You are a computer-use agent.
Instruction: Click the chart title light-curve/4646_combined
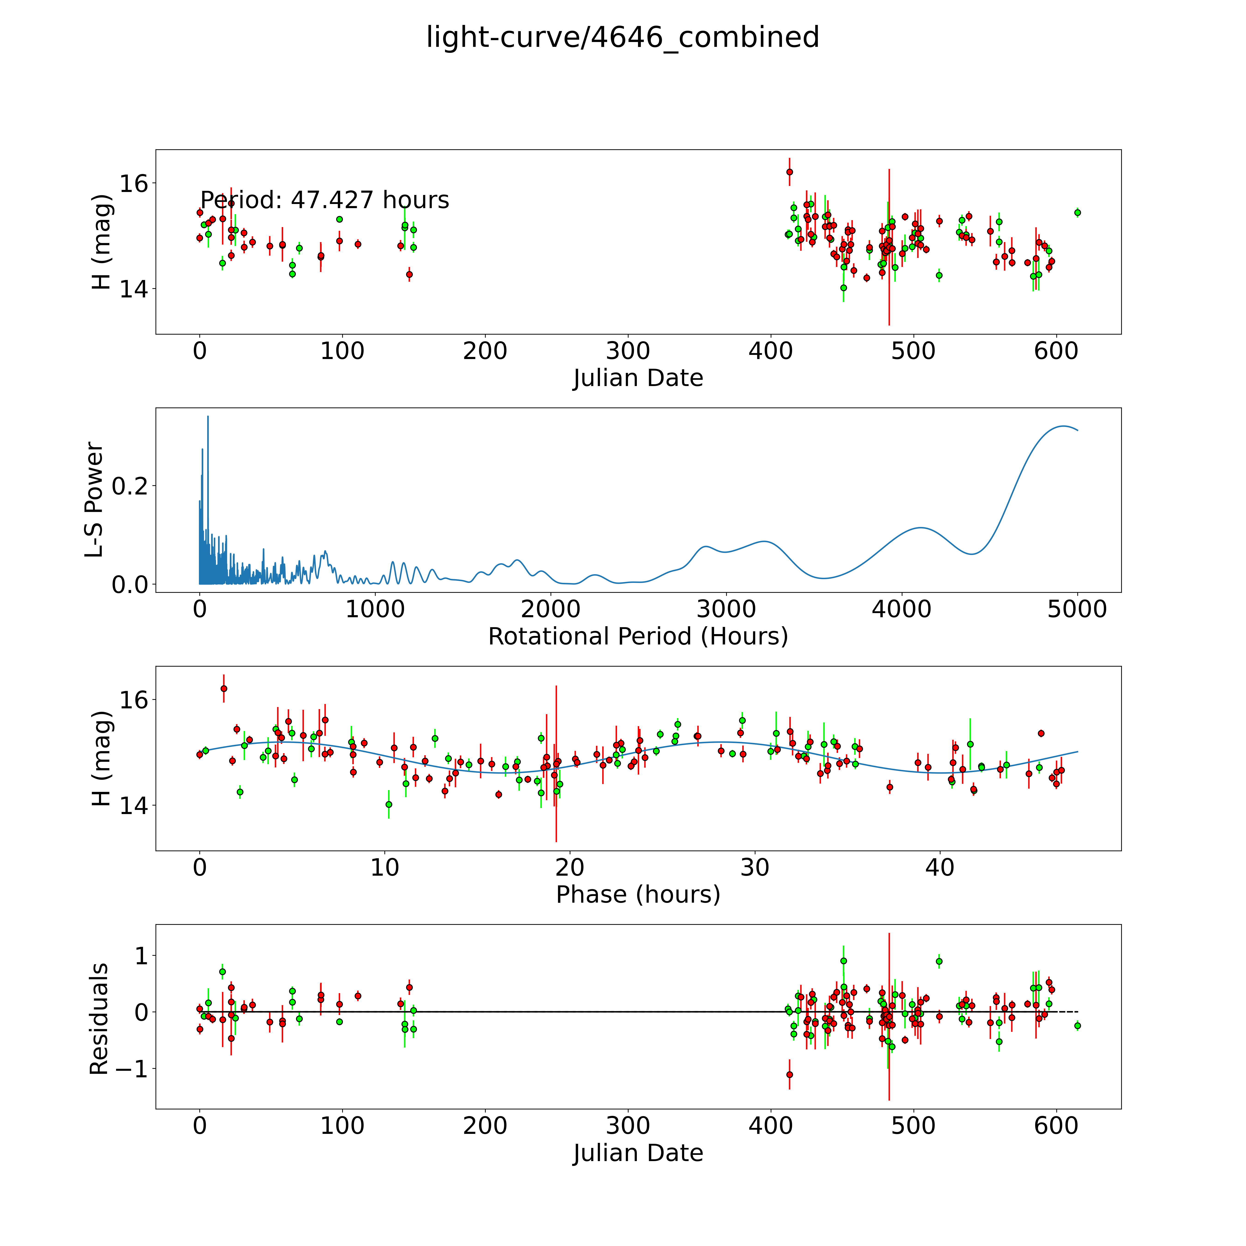pos(622,37)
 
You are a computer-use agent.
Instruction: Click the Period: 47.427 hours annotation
pos(324,201)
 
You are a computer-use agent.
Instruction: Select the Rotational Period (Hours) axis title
pos(638,637)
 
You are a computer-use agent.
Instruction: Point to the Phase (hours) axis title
pos(638,895)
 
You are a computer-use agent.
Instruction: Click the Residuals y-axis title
pos(99,1019)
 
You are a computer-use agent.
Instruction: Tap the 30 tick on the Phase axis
pos(755,867)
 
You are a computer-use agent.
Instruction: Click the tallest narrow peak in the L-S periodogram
pos(208,417)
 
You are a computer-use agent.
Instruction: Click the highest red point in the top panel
pos(789,172)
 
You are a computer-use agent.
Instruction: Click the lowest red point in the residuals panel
pos(789,1075)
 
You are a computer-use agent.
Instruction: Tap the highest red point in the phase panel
pos(224,689)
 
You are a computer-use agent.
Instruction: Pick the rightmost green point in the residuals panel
pos(1077,1025)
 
